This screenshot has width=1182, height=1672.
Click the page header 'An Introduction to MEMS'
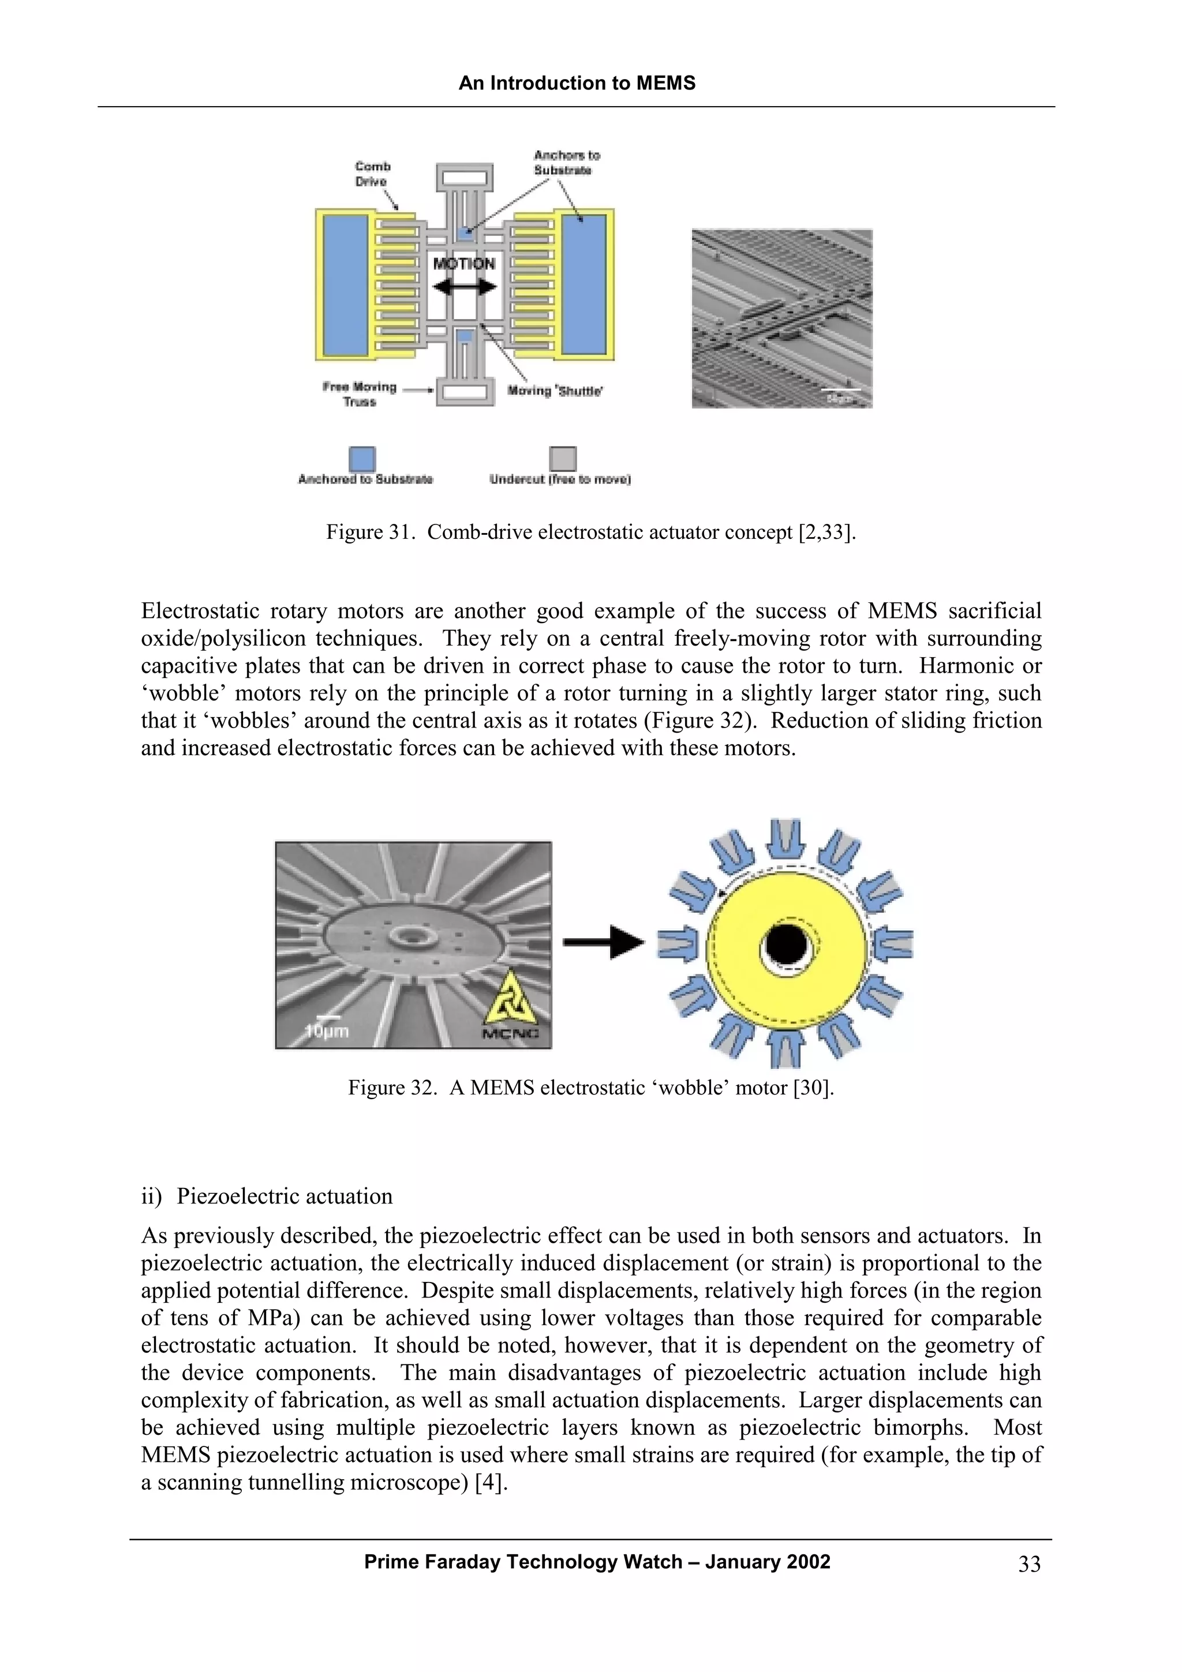[x=577, y=83]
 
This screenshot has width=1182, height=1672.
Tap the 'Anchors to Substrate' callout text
[x=566, y=162]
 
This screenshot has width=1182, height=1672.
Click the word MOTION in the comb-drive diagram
[x=464, y=264]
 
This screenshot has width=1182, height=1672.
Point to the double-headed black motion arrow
[x=464, y=288]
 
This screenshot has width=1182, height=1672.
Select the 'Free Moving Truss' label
[x=360, y=394]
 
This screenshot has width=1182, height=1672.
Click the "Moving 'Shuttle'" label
[x=555, y=391]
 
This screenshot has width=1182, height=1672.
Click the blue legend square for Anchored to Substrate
[x=362, y=459]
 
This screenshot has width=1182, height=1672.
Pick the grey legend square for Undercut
[x=562, y=459]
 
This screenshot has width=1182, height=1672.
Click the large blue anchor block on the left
[x=345, y=285]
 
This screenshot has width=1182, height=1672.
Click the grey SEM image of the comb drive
[x=781, y=318]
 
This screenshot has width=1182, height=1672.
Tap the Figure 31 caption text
[x=590, y=533]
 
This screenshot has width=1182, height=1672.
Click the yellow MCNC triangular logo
[x=511, y=998]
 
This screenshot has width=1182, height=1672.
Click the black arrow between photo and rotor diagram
[x=603, y=942]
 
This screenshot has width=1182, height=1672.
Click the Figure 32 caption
[x=590, y=1088]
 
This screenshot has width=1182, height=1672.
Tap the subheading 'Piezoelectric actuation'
[x=284, y=1197]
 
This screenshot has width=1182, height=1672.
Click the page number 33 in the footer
[x=1029, y=1564]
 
